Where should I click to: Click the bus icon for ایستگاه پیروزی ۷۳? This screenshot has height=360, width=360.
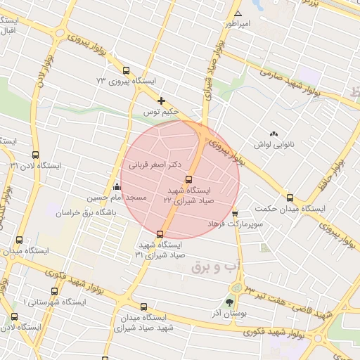126,70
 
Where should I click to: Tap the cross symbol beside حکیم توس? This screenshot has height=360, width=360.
162,101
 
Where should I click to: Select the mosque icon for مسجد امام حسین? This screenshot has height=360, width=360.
116,187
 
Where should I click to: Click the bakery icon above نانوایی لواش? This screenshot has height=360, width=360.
274,134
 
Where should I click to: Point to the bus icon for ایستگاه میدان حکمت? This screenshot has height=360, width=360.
290,198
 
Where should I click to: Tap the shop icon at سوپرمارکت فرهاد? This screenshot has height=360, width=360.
235,213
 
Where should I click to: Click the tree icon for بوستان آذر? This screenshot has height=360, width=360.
229,302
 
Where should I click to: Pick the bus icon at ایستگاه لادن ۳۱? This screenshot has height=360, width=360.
36,155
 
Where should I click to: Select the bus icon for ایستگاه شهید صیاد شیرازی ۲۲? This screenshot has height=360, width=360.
188,180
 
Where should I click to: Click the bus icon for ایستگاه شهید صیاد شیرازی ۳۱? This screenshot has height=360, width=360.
160,233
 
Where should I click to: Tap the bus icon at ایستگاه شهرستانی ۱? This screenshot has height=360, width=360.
54,291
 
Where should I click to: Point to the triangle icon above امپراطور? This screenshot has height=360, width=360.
238,14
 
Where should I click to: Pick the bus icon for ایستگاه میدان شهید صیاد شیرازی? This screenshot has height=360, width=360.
143,307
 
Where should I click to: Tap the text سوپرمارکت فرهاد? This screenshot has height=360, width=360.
234,223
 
